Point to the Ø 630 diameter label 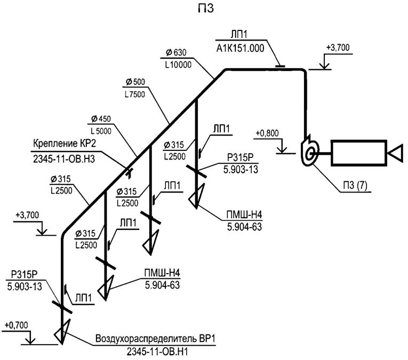tap(176, 52)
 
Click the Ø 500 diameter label tap(135, 82)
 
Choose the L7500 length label tap(135, 93)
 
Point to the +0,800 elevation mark tap(266, 131)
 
